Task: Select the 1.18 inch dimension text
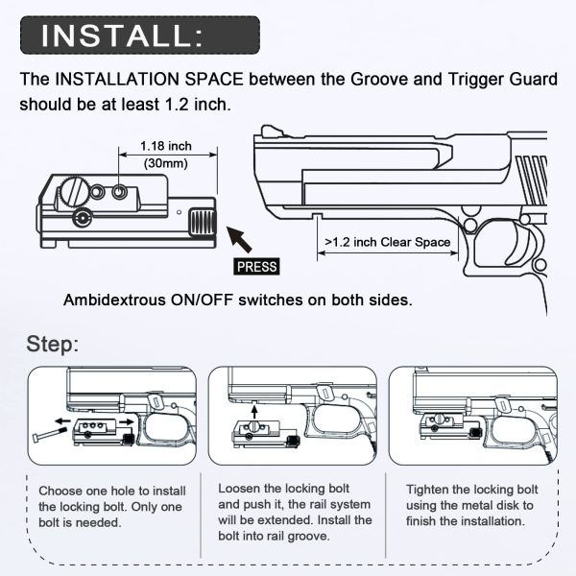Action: pyautogui.click(x=165, y=147)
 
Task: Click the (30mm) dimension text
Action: pyautogui.click(x=165, y=163)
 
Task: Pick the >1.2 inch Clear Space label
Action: pyautogui.click(x=388, y=242)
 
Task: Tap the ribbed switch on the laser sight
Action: pyautogui.click(x=202, y=221)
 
